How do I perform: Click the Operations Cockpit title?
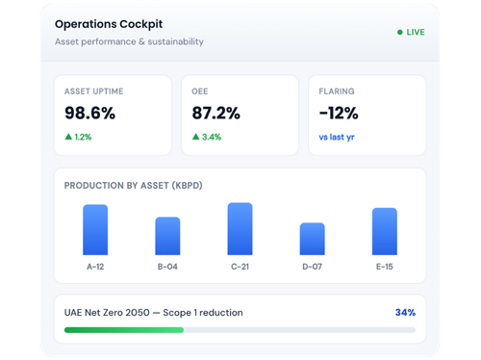pos(109,24)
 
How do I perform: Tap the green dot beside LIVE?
pos(400,32)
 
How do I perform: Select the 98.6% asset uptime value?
pos(89,113)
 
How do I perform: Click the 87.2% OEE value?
pos(215,113)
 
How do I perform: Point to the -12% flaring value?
pos(339,113)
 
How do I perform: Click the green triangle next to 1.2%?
pos(68,137)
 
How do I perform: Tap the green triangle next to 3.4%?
pos(195,137)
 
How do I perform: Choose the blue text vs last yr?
pos(337,137)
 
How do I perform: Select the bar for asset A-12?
pos(95,230)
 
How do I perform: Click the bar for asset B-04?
pos(167,236)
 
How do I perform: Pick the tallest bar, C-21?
pos(240,229)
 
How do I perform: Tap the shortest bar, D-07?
pos(313,239)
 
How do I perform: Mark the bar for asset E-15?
pos(385,231)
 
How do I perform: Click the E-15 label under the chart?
pos(385,267)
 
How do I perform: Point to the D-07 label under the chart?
pos(313,267)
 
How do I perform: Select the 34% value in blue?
pos(405,312)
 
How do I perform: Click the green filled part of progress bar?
pos(124,330)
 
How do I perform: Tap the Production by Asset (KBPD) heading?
pos(134,186)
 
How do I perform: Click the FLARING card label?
pos(337,91)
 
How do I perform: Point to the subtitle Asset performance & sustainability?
pos(129,41)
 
